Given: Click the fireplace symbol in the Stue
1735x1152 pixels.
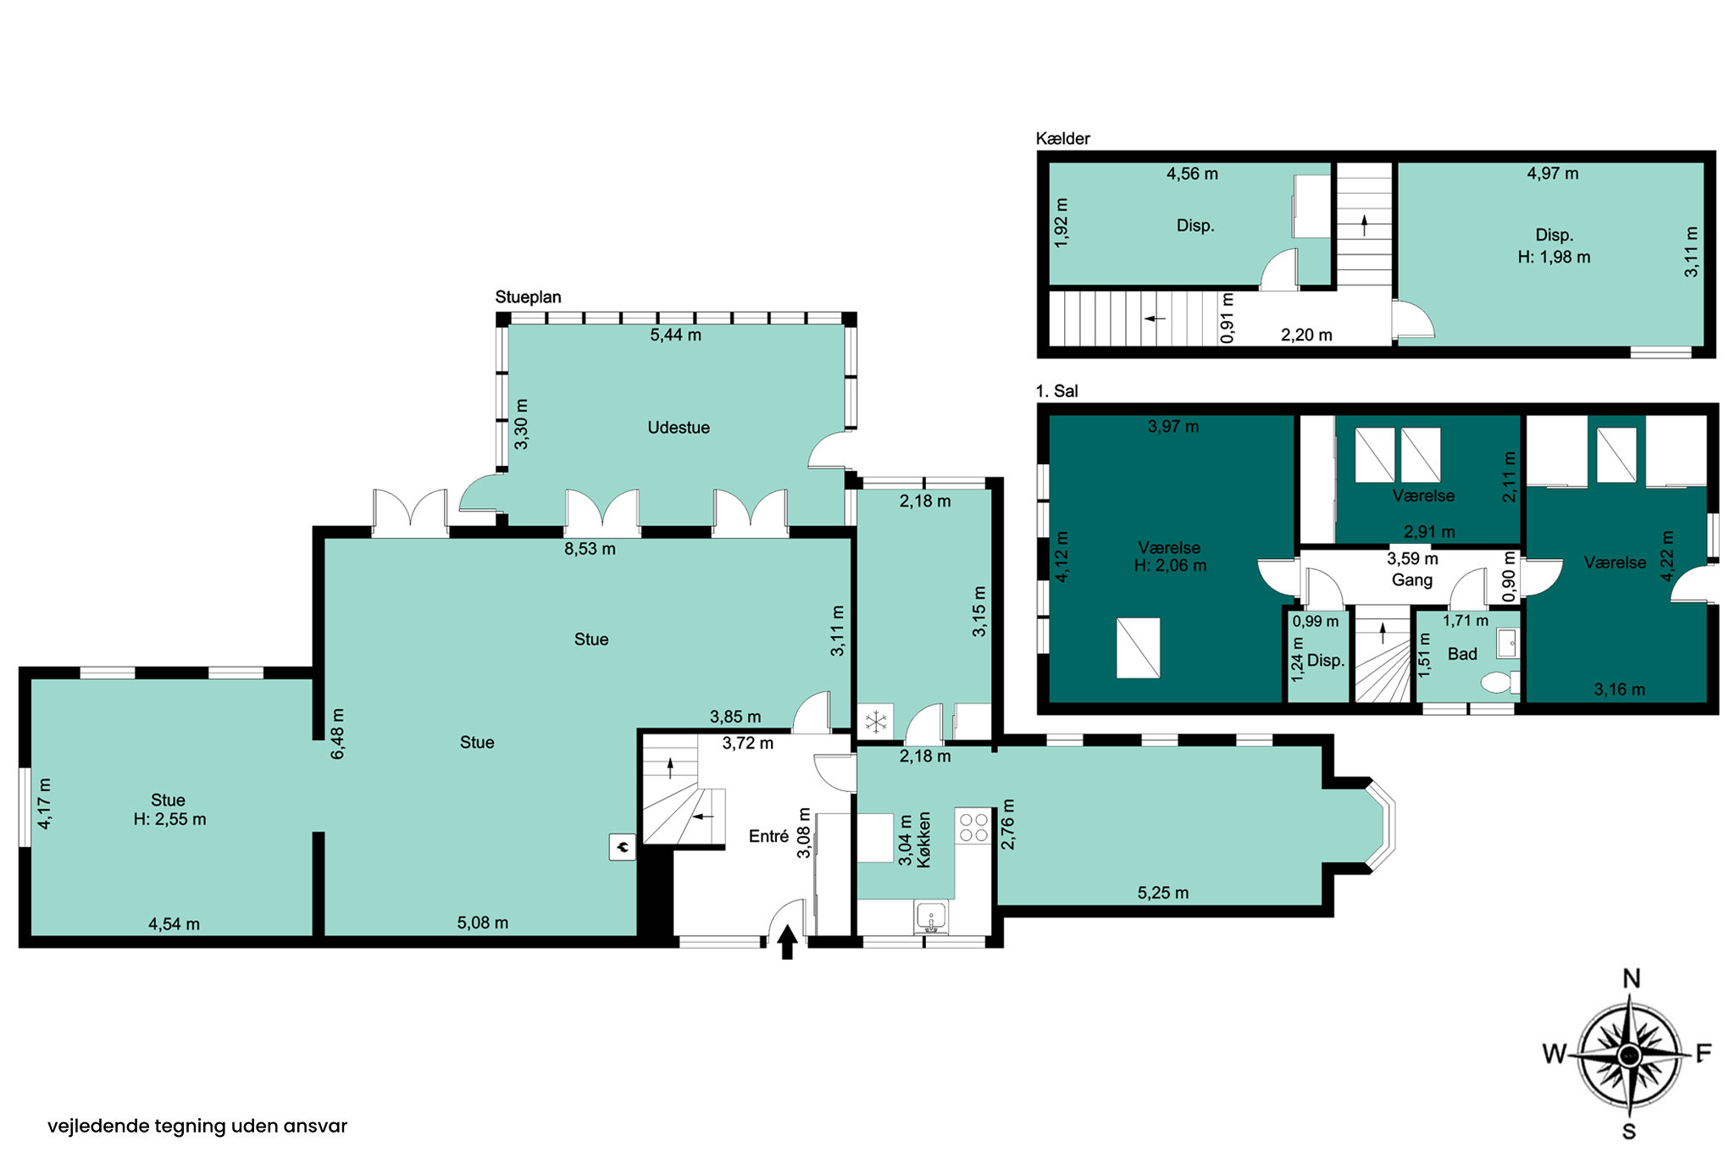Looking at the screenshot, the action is pos(623,847).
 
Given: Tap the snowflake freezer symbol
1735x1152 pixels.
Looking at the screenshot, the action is pos(875,723).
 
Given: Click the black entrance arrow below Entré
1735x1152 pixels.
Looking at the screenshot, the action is pos(787,941).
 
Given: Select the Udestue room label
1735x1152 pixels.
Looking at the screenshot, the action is pos(679,428).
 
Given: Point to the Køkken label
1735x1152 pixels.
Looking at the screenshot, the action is pos(924,839).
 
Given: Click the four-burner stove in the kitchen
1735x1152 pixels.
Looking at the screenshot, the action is pos(973,828).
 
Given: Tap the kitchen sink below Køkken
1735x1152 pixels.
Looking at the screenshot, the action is pos(931,917).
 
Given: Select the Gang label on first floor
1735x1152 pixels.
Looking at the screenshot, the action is pos(1412,580).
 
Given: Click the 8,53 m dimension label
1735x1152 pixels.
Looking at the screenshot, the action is pos(590,549).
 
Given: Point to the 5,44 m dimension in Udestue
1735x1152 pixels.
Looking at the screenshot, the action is pos(676,335).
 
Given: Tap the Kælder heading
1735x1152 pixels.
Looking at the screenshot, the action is pos(1063,138).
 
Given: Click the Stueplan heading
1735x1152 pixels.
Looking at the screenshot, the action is pos(529,297).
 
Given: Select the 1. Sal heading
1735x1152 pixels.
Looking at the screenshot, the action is pos(1057,390).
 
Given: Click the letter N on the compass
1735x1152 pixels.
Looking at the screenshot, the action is pos(1631,979).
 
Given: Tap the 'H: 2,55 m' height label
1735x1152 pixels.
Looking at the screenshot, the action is pos(169,819).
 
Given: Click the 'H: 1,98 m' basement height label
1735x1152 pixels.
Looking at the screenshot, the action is pos(1554,257).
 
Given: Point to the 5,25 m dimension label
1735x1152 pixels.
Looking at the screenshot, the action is pos(1163,893).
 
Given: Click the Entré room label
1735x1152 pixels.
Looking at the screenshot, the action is pos(769,836).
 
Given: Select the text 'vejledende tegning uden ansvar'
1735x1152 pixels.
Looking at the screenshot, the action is pos(197,1126).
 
